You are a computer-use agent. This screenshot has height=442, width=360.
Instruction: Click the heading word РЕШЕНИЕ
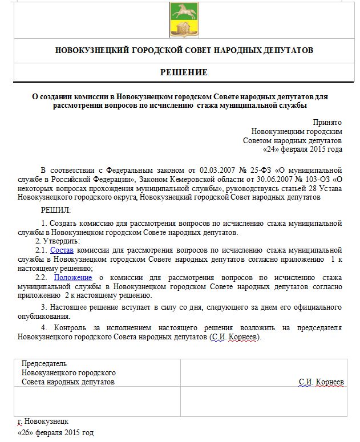coord(184,72)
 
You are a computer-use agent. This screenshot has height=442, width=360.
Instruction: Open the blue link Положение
coord(73,278)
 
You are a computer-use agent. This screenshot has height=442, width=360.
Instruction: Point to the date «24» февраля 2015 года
coord(302,149)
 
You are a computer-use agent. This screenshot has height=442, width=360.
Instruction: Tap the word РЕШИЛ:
coord(52,210)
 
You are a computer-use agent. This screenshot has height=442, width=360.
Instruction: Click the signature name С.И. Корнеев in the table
coord(321,382)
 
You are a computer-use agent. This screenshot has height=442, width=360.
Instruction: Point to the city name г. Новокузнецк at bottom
coord(43,421)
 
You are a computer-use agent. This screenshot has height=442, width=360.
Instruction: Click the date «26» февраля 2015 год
coord(55,433)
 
